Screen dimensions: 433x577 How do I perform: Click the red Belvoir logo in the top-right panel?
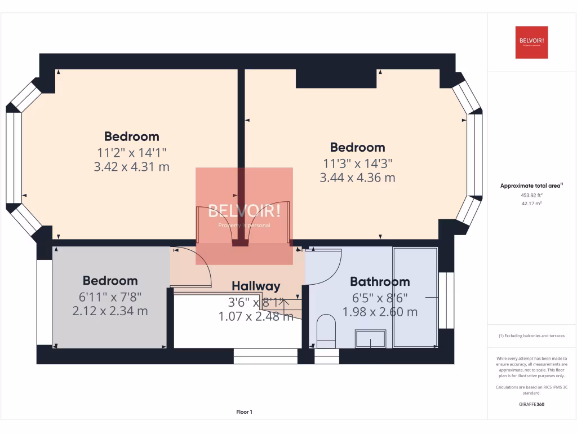[531, 42]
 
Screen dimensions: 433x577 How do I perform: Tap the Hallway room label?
[256, 286]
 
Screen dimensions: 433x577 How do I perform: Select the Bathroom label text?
[380, 281]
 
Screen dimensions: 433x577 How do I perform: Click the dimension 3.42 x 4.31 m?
[131, 167]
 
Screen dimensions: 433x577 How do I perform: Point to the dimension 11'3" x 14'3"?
[357, 163]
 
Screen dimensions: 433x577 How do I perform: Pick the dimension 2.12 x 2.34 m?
[110, 311]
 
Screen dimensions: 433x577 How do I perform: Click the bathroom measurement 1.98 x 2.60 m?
[380, 312]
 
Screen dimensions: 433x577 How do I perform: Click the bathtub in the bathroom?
[416, 297]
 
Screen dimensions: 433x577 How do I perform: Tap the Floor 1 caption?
[244, 412]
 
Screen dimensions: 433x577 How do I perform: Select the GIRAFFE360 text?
[532, 404]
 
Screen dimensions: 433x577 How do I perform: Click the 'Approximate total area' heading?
[531, 185]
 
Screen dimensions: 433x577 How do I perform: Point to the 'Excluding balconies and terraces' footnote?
[531, 335]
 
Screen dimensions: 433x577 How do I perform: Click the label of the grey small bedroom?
[110, 281]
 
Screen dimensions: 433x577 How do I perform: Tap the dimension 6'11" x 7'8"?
[110, 297]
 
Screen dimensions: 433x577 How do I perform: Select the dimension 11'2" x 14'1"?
[131, 152]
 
